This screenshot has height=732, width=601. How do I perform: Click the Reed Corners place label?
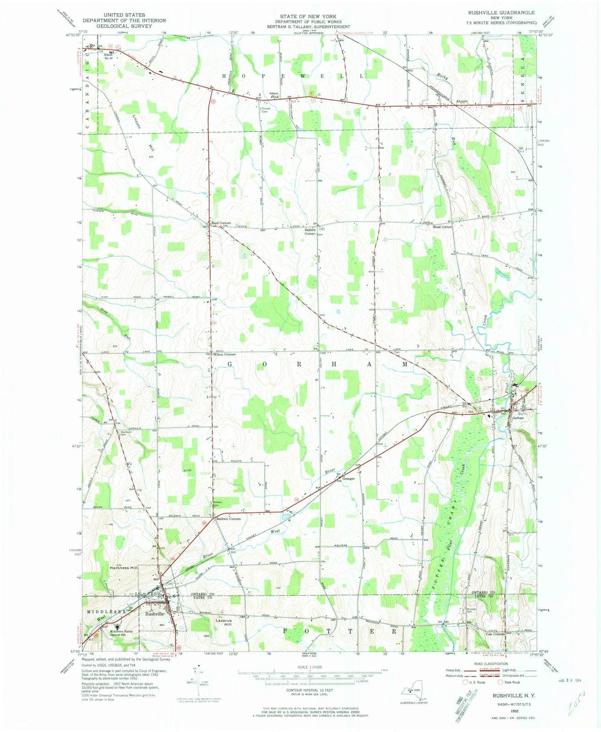(221, 223)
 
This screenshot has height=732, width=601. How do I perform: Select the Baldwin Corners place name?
(228, 519)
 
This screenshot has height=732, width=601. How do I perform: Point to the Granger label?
(349, 479)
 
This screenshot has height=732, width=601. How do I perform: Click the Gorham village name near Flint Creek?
(518, 418)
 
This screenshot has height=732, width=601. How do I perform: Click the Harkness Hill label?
(124, 568)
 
